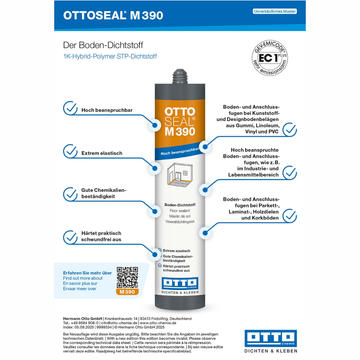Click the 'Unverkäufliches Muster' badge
275,11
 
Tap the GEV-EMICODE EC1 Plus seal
270,58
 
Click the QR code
127,277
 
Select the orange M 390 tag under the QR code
127,292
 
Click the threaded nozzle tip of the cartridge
180,76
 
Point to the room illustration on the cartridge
180,174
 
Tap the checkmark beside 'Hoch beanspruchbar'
70,108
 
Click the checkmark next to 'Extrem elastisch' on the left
70,151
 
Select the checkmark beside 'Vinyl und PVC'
290,130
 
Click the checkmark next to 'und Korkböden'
290,216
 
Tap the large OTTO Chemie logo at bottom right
271,341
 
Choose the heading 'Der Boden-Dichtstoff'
103,45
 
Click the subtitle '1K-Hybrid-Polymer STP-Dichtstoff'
110,57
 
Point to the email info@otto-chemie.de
119,323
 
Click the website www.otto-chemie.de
158,323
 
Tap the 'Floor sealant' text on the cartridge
180,211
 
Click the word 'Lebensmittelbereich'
253,175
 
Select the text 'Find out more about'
83,278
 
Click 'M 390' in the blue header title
147,15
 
